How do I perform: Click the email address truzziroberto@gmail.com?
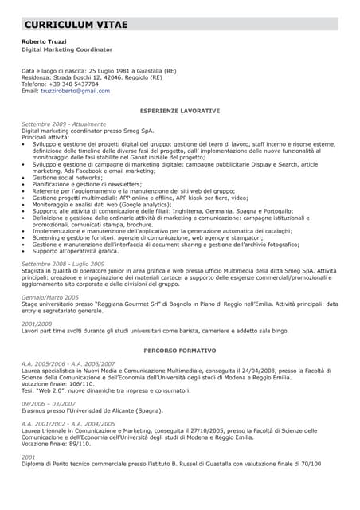76,91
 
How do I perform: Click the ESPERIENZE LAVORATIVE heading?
179,110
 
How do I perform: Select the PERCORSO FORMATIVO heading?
179,351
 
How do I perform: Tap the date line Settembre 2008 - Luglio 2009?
63,263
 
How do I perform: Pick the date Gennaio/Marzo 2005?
50,296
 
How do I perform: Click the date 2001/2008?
37,324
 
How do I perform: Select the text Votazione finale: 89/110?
57,444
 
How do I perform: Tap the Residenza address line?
92,77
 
